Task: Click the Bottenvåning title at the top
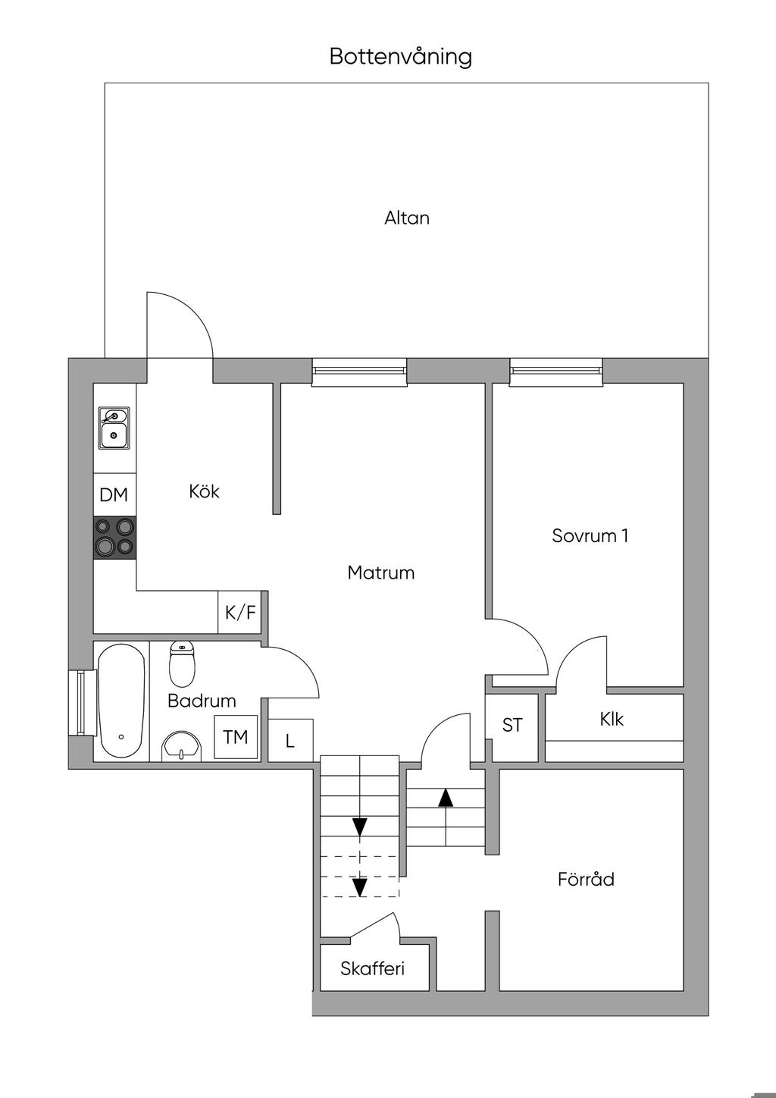pos(400,58)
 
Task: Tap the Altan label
pos(407,218)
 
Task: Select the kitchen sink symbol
pos(114,428)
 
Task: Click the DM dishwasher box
pos(114,495)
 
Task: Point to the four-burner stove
pos(114,537)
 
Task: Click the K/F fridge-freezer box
pos(240,612)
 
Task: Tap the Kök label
pos(204,491)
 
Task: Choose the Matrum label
pos(381,573)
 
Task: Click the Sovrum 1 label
pos(590,536)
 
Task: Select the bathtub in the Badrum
pos(121,701)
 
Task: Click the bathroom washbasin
pos(182,745)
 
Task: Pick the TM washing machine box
pos(236,736)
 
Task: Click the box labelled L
pos(290,740)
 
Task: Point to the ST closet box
pos(512,726)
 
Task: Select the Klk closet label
pos(612,719)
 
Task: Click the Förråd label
pos(586,880)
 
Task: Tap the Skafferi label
pos(372,968)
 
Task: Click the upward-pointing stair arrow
pos(446,798)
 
